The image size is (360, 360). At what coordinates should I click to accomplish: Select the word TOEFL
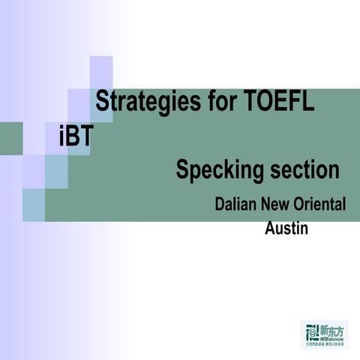pyautogui.click(x=280, y=101)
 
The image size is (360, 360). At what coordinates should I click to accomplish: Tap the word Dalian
pyautogui.click(x=235, y=205)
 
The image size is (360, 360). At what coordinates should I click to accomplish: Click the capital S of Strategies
pyautogui.click(x=103, y=101)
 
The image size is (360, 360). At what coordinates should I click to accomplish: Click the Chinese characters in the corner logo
pyautogui.click(x=331, y=328)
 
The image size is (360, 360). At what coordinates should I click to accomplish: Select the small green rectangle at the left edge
pyautogui.click(x=11, y=139)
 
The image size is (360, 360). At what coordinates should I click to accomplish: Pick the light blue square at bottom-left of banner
pyautogui.click(x=34, y=205)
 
